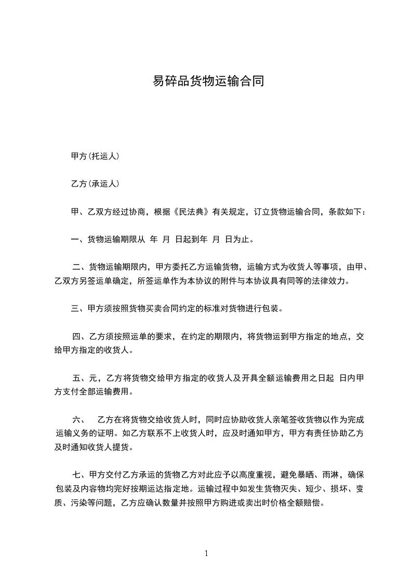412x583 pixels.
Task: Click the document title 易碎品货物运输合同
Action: (208, 81)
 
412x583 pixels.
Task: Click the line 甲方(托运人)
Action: (95, 156)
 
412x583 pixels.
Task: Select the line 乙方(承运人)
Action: (95, 183)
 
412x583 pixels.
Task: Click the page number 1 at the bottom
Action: (206, 553)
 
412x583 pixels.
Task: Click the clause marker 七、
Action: (81, 475)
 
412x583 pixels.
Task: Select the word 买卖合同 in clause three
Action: (165, 309)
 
